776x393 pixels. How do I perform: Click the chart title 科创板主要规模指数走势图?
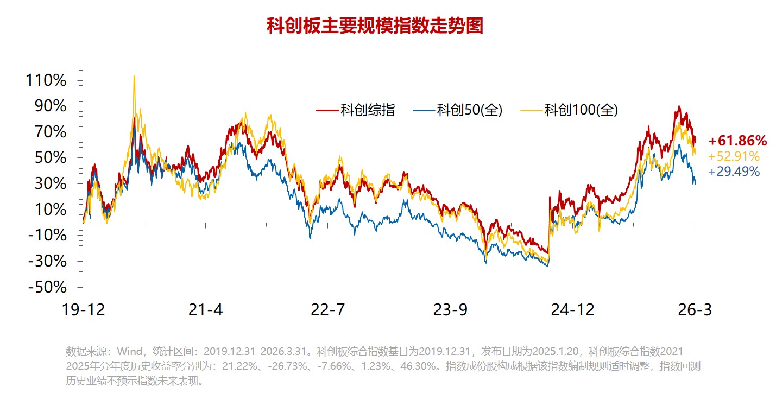point(375,26)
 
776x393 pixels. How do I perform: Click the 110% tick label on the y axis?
point(46,81)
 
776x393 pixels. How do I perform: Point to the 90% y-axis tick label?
point(50,106)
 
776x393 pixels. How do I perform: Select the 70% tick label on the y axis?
point(50,132)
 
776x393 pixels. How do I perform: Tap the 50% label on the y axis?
point(50,158)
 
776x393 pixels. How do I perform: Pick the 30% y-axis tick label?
point(50,184)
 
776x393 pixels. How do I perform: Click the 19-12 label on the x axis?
point(84,310)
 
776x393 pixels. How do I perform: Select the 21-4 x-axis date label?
point(205,310)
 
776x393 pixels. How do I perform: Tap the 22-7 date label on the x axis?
point(327,310)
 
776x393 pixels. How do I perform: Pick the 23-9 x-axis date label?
point(450,310)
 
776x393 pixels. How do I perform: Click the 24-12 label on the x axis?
point(572,310)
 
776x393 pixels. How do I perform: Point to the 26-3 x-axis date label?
point(695,310)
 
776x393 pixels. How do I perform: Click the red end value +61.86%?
point(737,142)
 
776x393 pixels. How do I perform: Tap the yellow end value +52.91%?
point(734,157)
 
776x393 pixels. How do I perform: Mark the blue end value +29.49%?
point(734,172)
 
